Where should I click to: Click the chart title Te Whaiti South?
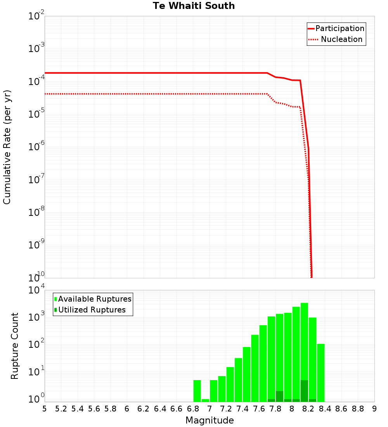[x=194, y=6]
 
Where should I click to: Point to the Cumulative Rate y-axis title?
[x=7, y=147]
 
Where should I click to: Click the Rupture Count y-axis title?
[x=15, y=346]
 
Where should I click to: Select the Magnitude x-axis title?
[x=210, y=420]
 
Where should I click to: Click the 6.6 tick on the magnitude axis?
[x=177, y=408]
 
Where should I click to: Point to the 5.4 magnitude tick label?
[x=78, y=408]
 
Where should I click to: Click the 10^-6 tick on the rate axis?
[x=36, y=147]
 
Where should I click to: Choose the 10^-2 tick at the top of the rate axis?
[x=36, y=16]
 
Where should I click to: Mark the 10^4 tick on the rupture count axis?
[x=36, y=290]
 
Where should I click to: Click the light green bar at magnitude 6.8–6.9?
[x=197, y=391]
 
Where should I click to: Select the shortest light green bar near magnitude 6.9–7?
[x=205, y=400]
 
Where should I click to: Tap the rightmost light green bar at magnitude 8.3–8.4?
[x=321, y=373]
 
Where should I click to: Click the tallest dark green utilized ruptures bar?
[x=304, y=391]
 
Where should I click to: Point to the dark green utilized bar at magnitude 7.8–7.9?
[x=279, y=396]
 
